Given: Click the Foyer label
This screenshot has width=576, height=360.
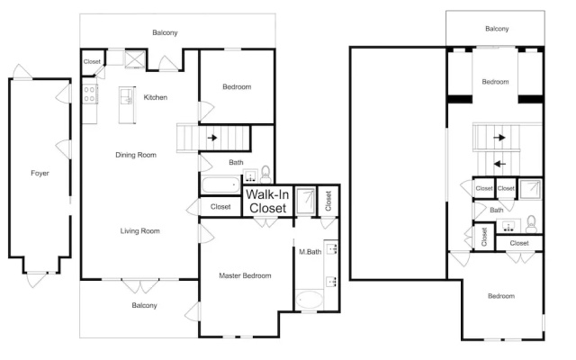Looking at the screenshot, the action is click(40, 173).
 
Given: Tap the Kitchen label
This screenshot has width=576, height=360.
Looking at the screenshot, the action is click(156, 97).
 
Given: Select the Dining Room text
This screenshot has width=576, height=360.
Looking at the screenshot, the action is click(136, 155).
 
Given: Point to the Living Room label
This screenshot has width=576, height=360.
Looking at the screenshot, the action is click(140, 231).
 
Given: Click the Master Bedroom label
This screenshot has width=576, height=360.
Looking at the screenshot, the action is click(245, 275).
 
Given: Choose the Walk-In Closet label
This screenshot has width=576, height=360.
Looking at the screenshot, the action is click(267, 202).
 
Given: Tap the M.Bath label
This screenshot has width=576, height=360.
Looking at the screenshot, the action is click(310, 252).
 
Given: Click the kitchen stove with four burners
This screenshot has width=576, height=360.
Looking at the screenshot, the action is click(90, 94).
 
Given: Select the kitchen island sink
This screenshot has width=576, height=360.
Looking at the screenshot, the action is click(127, 96).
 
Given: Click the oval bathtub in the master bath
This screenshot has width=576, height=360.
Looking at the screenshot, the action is click(310, 300).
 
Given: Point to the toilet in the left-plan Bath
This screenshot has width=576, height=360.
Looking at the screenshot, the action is click(265, 175).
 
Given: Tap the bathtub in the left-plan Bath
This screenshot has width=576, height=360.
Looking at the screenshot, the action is click(220, 185).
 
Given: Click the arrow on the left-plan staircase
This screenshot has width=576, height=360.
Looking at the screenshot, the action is click(212, 138).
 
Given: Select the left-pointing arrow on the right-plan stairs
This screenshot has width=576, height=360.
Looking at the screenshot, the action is click(499, 164).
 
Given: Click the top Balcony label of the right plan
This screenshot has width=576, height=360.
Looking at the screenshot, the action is click(497, 29).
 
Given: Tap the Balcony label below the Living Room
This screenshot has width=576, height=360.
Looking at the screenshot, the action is click(144, 305).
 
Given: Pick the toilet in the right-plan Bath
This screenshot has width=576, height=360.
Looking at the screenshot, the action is click(531, 224).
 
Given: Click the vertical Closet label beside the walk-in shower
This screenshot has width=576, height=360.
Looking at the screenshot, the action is click(328, 201).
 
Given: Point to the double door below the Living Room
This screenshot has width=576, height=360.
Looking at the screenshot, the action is click(140, 286).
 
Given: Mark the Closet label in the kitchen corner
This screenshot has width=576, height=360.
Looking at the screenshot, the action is click(92, 62).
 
